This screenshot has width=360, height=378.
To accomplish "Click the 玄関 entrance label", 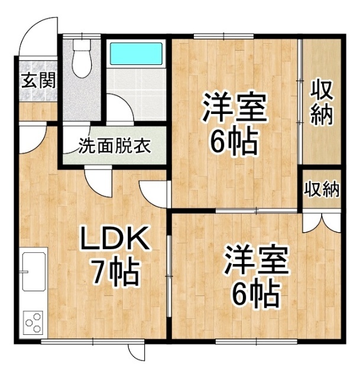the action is pos(38,80).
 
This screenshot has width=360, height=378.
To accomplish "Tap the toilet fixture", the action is pos(82,58).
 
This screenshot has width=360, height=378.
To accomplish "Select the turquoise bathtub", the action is pos(136,54).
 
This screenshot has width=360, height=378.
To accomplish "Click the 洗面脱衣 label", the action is pos(114,146).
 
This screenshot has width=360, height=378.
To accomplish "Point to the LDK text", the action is pos(115,238).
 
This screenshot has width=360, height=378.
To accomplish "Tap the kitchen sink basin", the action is pos(34,272).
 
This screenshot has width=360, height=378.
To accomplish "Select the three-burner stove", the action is pos(33,322).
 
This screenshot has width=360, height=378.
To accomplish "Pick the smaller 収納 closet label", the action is pos(322,190).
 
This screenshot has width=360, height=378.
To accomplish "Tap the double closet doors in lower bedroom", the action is pos(322,221).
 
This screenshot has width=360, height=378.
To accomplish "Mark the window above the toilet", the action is pos(82,37).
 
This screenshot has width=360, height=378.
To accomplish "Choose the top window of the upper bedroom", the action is pos(223,37).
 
